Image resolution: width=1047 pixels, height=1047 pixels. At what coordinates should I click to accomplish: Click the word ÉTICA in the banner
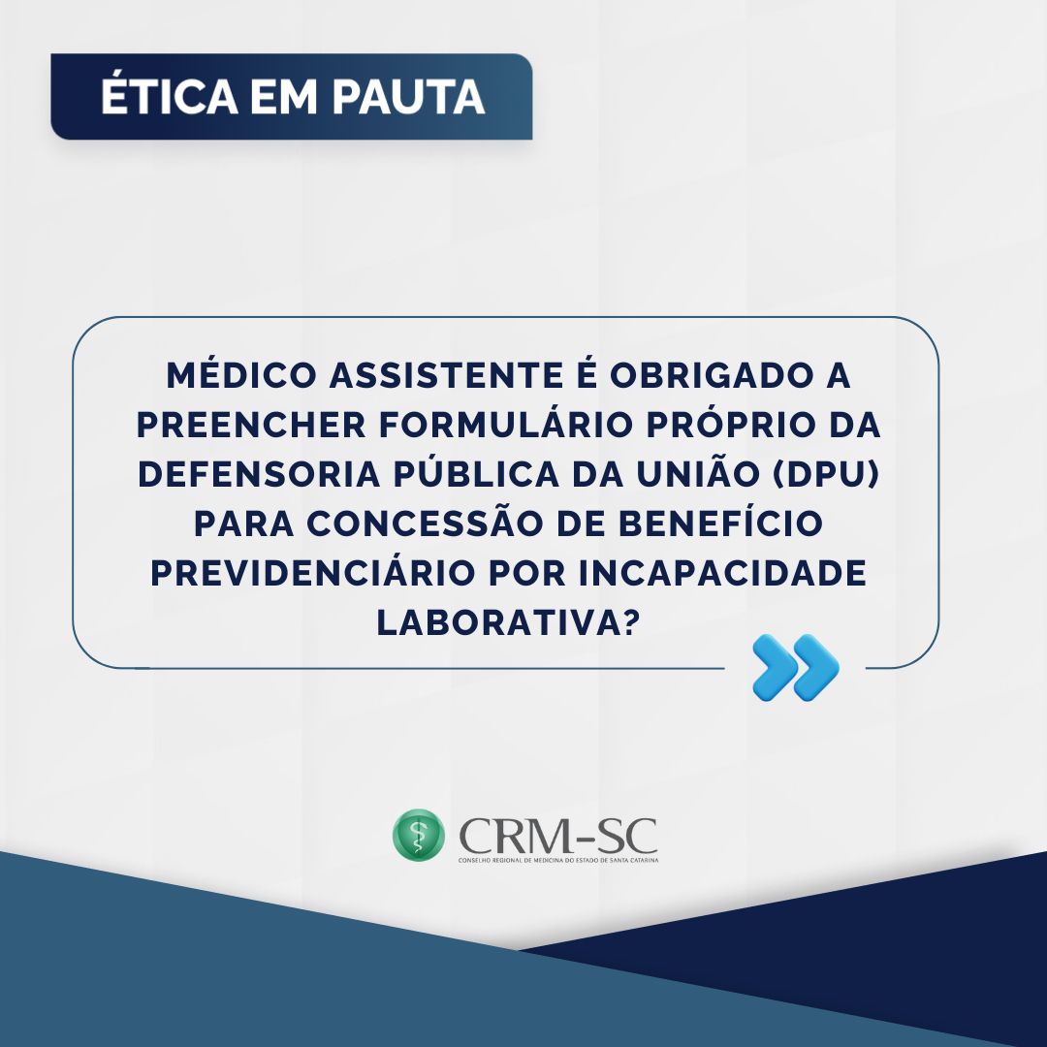170,96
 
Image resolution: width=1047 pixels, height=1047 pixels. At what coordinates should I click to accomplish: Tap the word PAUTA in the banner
408,98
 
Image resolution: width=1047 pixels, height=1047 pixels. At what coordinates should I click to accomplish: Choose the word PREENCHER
251,425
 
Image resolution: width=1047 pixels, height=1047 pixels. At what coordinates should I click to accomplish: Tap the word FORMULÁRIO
506,424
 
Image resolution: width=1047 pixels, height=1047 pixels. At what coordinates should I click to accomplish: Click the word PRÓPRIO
722,424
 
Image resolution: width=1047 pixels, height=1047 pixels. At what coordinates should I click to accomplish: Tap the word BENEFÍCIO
720,523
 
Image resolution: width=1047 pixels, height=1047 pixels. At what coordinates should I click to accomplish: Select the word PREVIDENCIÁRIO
312,572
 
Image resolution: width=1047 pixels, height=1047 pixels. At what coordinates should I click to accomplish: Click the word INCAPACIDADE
722,573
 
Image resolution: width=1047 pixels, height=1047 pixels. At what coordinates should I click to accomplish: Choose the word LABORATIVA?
509,622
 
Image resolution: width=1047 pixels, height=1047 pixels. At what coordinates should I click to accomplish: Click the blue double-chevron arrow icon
795,667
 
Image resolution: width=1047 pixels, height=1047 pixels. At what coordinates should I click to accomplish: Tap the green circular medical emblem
419,835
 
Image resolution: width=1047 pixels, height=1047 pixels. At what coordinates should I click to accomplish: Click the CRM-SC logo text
557,835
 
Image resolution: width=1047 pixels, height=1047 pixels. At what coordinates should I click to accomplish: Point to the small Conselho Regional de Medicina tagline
558,860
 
